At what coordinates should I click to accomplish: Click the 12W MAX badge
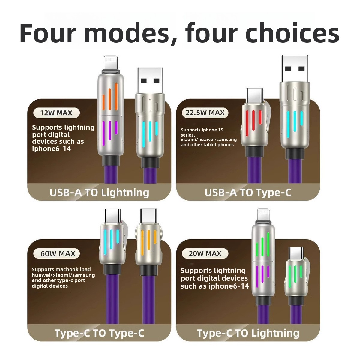pyautogui.click(x=56, y=113)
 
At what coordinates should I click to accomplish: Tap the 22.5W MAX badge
pyautogui.click(x=205, y=113)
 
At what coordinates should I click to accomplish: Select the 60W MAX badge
pyautogui.click(x=56, y=254)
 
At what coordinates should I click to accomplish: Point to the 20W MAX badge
pyautogui.click(x=205, y=253)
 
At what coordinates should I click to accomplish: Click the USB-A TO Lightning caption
pyautogui.click(x=99, y=193)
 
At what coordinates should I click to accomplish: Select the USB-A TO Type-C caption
pyautogui.click(x=248, y=193)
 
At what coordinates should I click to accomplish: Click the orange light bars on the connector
pyautogui.click(x=110, y=97)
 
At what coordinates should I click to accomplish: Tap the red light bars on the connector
pyautogui.click(x=253, y=120)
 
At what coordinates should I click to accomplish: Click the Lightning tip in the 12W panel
pyautogui.click(x=111, y=63)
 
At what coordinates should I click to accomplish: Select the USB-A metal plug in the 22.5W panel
pyautogui.click(x=295, y=69)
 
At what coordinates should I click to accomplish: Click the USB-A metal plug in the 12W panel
pyautogui.click(x=150, y=81)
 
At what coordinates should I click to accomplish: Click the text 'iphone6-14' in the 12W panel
pyautogui.click(x=52, y=149)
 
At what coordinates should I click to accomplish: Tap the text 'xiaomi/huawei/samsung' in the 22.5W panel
pyautogui.click(x=209, y=139)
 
